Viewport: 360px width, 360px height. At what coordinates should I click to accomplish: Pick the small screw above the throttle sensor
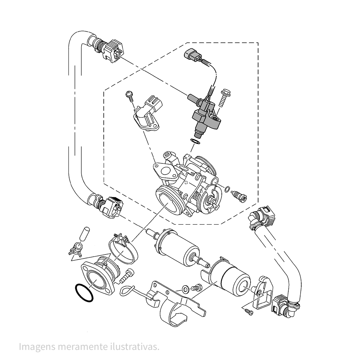click(129, 95)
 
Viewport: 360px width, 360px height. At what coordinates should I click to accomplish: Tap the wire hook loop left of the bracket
click(127, 290)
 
